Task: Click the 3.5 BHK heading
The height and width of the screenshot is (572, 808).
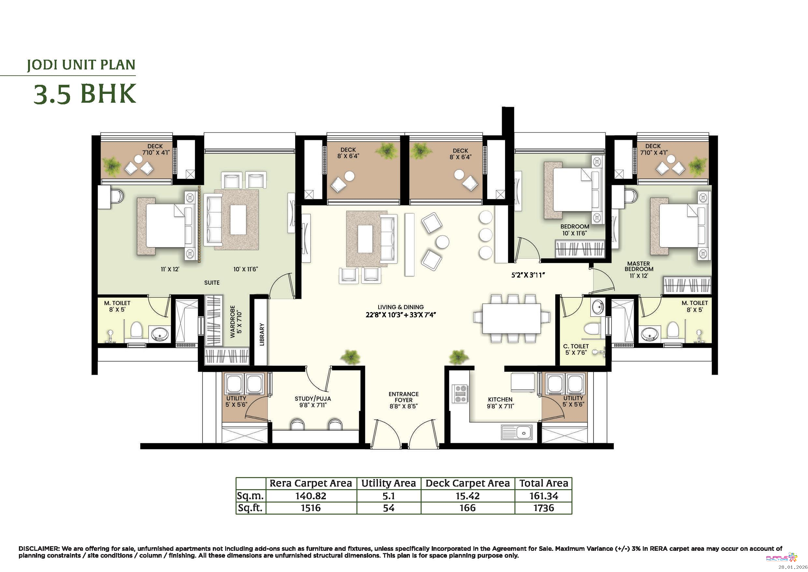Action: click(x=85, y=94)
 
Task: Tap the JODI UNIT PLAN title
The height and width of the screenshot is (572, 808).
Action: click(x=81, y=65)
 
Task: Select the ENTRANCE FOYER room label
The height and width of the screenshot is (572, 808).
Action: click(x=404, y=397)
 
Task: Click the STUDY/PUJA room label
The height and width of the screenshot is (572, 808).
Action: click(x=312, y=399)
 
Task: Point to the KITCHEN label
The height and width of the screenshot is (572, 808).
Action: click(x=500, y=399)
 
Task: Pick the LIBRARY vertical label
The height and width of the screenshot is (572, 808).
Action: click(x=262, y=335)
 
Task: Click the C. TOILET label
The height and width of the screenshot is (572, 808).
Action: click(x=576, y=346)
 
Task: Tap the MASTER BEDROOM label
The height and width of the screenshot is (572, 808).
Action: click(x=639, y=266)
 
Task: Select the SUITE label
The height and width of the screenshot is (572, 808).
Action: click(x=212, y=282)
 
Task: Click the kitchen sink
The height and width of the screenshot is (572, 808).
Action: click(x=517, y=432)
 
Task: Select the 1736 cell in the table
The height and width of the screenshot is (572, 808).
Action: click(x=544, y=508)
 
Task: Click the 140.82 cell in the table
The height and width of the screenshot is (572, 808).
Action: click(x=311, y=496)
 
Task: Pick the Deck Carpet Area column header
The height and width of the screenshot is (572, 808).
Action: click(x=468, y=483)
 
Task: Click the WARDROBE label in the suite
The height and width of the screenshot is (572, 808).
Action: click(x=232, y=322)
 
